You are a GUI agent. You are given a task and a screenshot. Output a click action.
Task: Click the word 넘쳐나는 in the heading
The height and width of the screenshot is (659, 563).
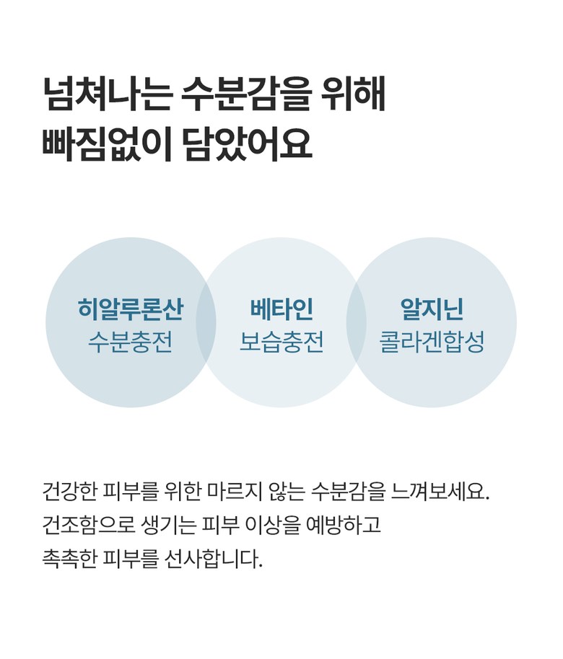pyautogui.click(x=108, y=94)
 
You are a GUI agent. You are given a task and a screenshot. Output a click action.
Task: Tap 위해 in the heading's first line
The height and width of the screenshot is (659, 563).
pyautogui.click(x=353, y=94)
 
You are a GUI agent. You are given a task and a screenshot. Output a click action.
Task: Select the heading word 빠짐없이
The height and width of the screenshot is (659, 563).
pyautogui.click(x=107, y=143)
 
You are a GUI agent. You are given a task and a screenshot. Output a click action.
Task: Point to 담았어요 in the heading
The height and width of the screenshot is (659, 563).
pyautogui.click(x=247, y=143)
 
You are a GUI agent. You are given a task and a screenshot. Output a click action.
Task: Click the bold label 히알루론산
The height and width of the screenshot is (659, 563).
pyautogui.click(x=131, y=309)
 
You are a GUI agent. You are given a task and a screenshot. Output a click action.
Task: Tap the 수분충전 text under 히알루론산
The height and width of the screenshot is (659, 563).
pyautogui.click(x=131, y=342)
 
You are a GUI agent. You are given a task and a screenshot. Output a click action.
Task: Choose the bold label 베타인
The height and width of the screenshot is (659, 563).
pyautogui.click(x=281, y=309)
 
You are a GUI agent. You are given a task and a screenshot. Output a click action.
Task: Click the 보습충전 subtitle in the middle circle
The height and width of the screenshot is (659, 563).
pyautogui.click(x=281, y=342)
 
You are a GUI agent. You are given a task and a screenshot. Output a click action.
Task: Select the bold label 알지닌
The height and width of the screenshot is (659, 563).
pyautogui.click(x=432, y=309)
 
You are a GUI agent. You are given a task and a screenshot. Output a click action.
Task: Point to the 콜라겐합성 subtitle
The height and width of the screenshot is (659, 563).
pyautogui.click(x=432, y=342)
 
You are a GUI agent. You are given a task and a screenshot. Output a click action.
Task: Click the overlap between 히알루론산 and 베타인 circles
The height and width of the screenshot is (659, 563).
pyautogui.click(x=206, y=322)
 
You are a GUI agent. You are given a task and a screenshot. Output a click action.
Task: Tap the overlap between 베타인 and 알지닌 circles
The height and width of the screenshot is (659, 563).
pyautogui.click(x=357, y=322)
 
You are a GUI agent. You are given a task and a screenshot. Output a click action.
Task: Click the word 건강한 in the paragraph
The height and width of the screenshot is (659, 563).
pyautogui.click(x=69, y=491)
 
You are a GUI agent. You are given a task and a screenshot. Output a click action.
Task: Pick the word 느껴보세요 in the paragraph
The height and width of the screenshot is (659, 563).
pyautogui.click(x=440, y=491)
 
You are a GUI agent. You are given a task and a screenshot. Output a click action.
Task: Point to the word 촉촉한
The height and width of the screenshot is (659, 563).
pyautogui.click(x=69, y=559)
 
